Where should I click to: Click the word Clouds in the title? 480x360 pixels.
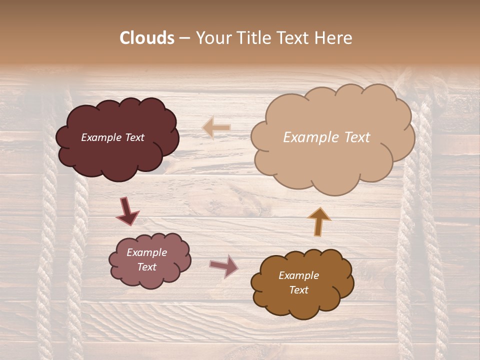(x=147, y=38)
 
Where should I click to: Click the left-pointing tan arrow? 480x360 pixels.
(x=216, y=127)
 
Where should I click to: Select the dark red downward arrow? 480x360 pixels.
(x=127, y=211)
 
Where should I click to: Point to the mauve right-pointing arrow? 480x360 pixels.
(x=224, y=266)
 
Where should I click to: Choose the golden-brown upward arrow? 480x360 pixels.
(x=319, y=221)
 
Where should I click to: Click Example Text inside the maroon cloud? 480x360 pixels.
(x=112, y=137)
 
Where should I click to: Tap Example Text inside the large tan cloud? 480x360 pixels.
(x=326, y=137)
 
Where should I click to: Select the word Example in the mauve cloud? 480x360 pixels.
(x=146, y=252)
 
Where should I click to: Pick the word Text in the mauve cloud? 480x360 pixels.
(x=146, y=267)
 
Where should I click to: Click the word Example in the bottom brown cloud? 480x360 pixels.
(x=298, y=275)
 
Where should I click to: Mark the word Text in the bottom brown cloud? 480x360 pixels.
(x=298, y=290)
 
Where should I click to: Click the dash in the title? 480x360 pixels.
(x=184, y=38)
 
